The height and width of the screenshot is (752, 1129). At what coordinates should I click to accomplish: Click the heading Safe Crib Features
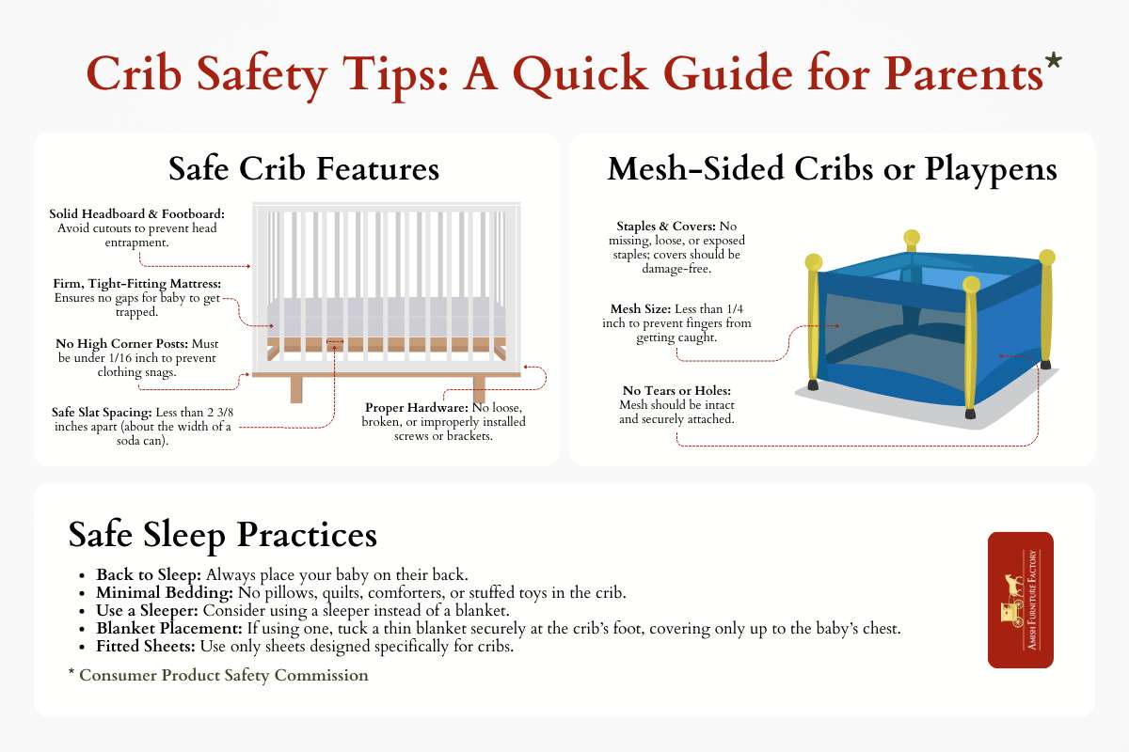(304, 169)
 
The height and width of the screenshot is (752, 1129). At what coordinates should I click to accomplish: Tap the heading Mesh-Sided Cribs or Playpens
(832, 169)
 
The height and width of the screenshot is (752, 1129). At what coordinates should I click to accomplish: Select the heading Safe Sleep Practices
(223, 535)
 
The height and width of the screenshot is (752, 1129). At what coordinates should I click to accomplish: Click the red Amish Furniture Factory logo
(1020, 600)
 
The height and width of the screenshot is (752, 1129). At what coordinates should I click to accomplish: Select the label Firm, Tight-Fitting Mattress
(137, 283)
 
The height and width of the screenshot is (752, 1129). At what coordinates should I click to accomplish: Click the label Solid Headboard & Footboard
(137, 214)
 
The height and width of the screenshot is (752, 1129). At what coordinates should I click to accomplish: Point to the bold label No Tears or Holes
(676, 390)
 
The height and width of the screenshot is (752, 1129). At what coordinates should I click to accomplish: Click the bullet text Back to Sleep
(149, 573)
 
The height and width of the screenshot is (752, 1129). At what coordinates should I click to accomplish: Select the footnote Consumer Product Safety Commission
(223, 675)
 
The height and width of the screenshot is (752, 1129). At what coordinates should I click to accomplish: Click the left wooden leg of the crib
(297, 388)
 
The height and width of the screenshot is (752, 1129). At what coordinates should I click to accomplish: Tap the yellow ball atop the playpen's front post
(972, 284)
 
